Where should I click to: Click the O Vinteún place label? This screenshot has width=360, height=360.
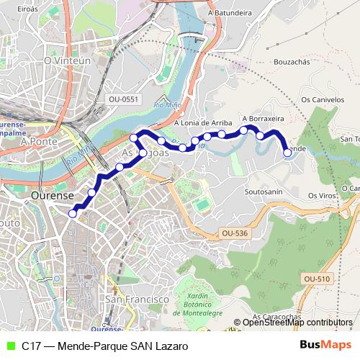coord(67,61)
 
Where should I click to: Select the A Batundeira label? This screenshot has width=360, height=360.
coord(230,12)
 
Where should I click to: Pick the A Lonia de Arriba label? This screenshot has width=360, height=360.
coord(202,122)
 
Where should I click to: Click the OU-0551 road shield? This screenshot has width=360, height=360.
coord(124,99)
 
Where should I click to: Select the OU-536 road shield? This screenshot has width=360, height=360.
coord(235,233)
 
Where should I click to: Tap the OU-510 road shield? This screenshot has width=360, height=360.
coord(318,279)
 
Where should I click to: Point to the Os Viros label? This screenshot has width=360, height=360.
coord(323,195)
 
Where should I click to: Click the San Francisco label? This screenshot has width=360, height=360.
coord(137,298)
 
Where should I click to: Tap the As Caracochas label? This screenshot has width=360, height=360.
coord(276,317)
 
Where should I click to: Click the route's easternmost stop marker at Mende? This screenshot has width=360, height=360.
coord(287,153)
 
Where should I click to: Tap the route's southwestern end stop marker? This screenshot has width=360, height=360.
coord(72,212)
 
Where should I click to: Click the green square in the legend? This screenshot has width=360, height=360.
coord(9,346)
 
